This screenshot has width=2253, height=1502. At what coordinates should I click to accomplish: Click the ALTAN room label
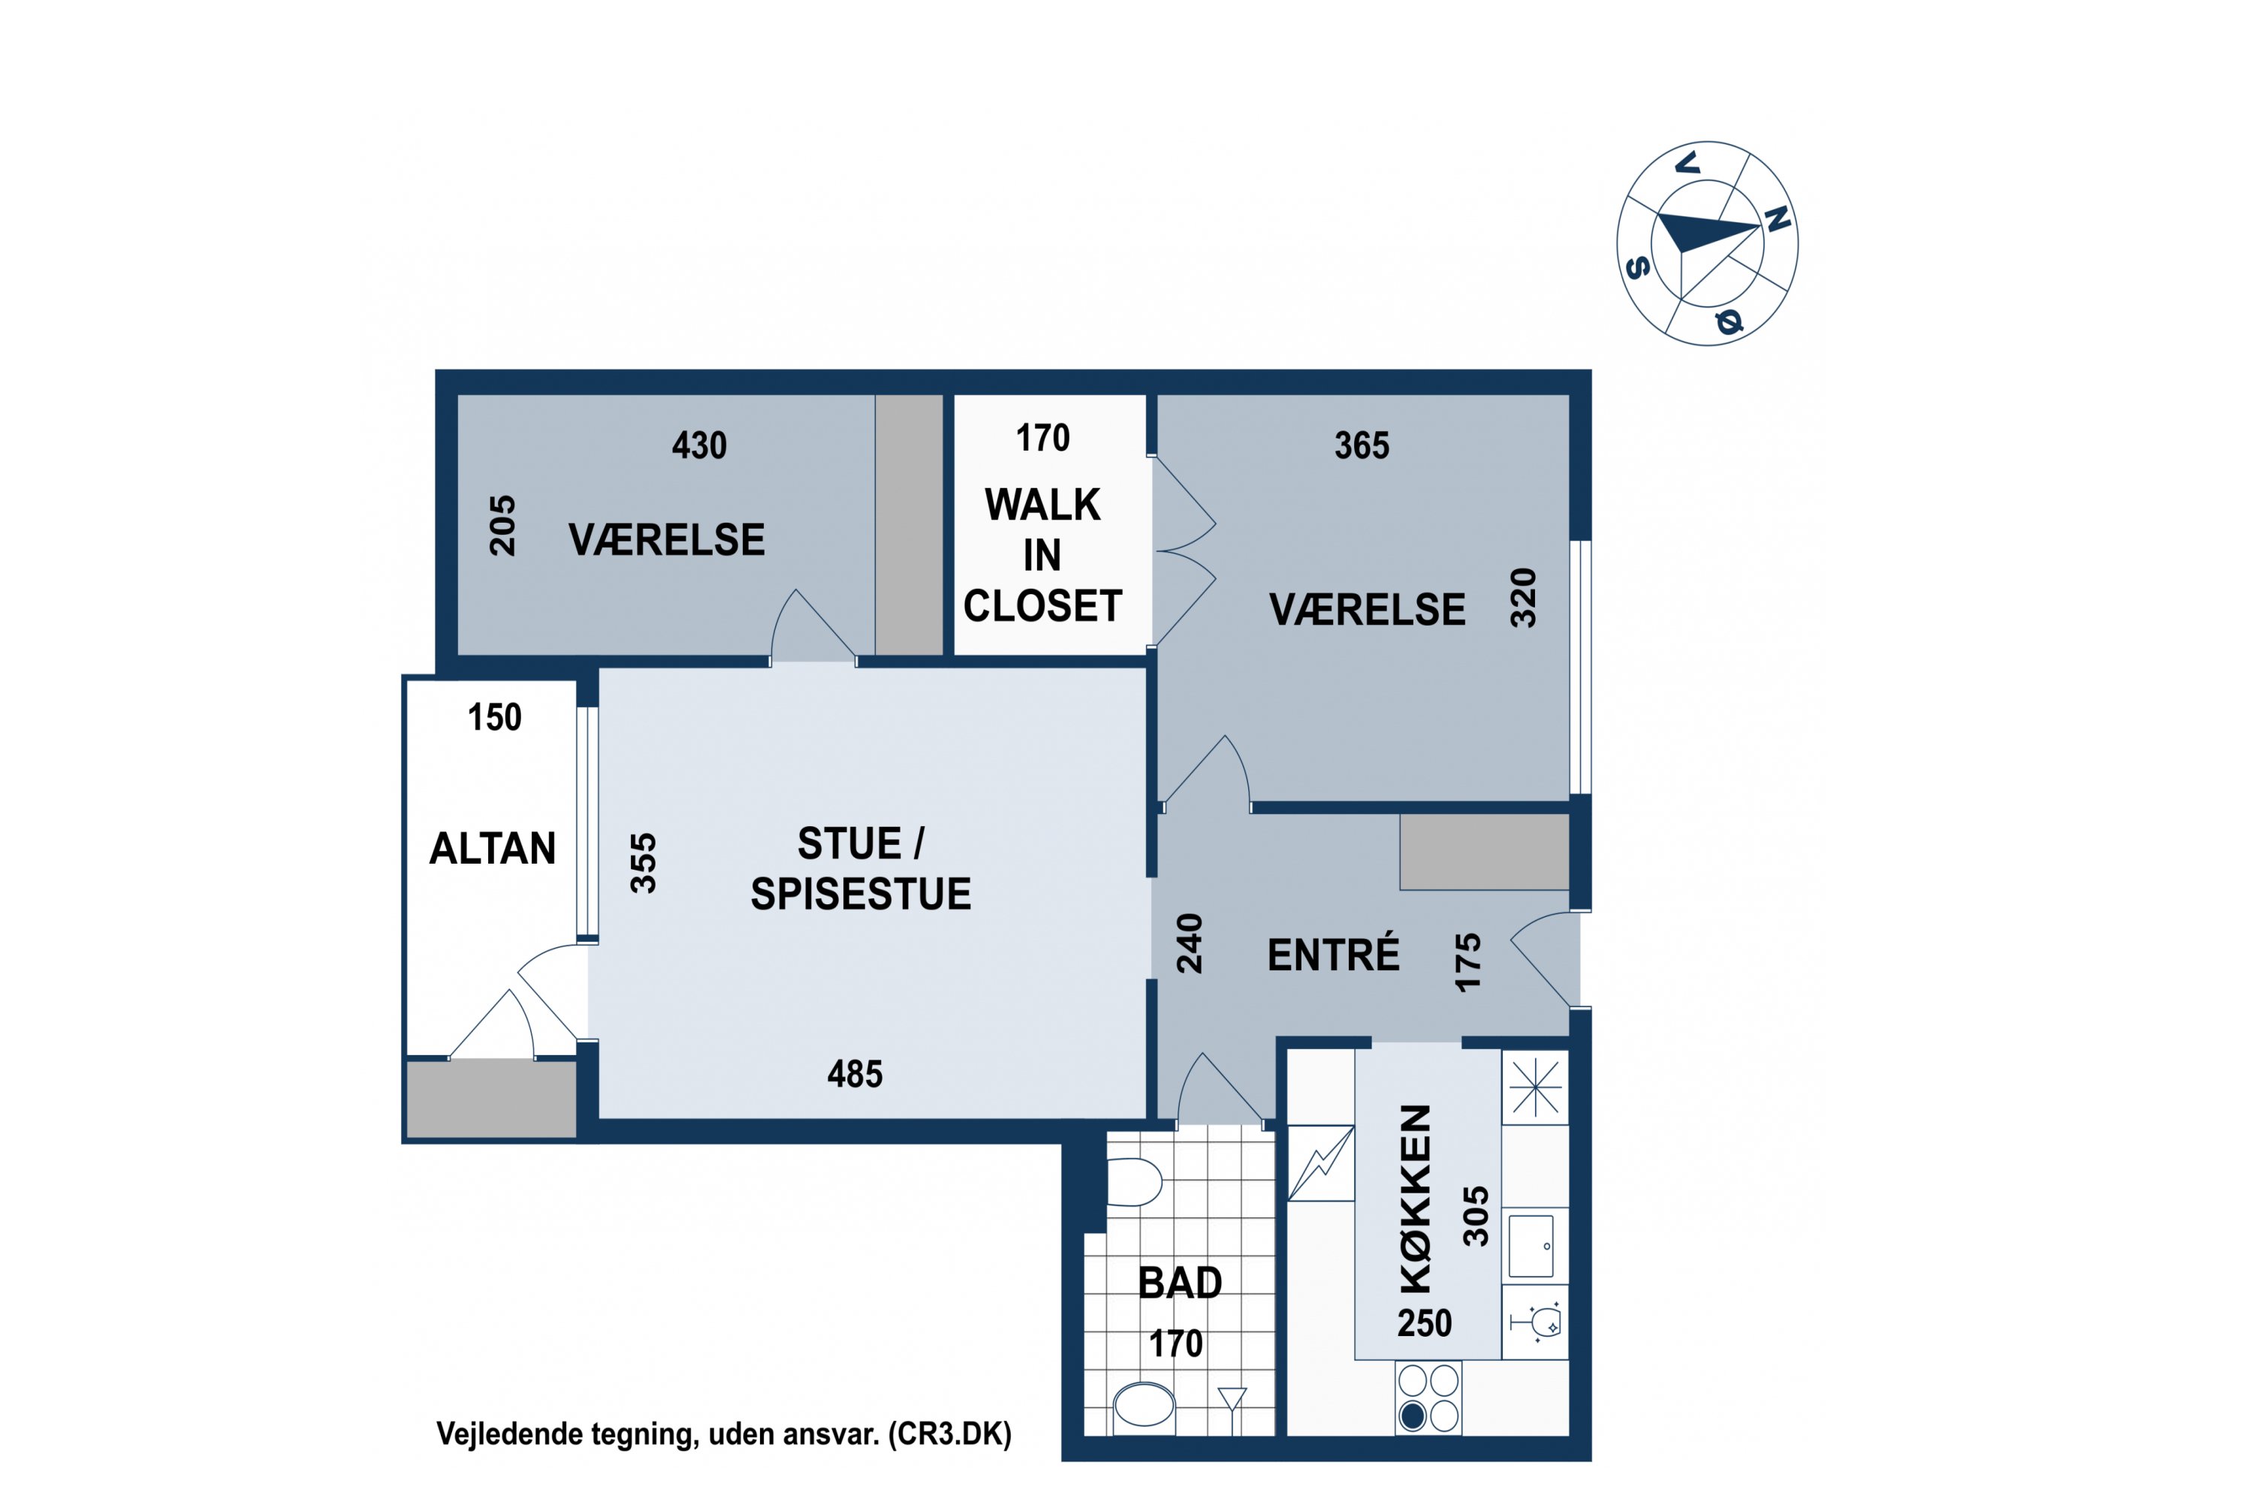click(x=493, y=849)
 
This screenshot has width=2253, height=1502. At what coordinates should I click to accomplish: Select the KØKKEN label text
click(x=1416, y=1199)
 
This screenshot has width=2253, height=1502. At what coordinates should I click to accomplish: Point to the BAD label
click(x=1180, y=1283)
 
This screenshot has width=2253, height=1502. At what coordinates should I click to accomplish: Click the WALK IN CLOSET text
click(x=1043, y=556)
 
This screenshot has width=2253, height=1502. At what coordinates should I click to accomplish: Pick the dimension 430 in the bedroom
click(x=699, y=445)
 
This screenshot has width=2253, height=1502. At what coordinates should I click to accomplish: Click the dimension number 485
click(x=855, y=1074)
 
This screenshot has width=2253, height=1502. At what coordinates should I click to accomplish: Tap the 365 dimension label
click(x=1362, y=445)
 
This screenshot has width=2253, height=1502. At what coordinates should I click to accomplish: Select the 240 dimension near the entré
click(x=1189, y=943)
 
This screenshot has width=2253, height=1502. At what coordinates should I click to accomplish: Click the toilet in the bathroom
click(x=1134, y=1182)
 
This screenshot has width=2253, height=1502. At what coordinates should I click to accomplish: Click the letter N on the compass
click(x=1778, y=219)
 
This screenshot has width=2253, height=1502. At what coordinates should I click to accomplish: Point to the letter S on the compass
click(x=1638, y=267)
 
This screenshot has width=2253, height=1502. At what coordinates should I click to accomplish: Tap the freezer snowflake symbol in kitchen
click(x=1534, y=1087)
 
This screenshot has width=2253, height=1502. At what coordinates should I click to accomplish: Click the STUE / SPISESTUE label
click(x=860, y=869)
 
